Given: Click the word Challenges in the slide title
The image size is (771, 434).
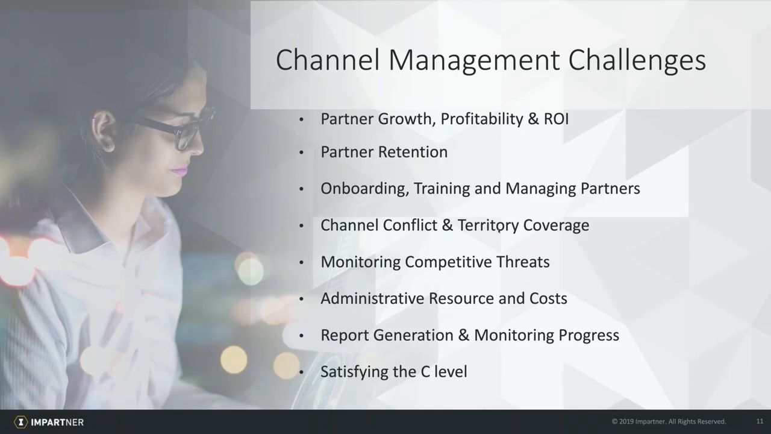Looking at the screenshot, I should (637, 60).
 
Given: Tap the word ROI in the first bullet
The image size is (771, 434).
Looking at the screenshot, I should (556, 119).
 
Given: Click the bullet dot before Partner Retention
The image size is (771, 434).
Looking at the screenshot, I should (302, 153).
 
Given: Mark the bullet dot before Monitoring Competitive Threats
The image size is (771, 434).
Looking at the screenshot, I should (302, 263).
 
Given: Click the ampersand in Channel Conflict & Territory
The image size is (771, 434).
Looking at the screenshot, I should (447, 225).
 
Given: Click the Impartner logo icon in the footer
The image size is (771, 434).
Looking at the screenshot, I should (21, 422).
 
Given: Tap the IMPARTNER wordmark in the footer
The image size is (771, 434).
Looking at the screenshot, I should (57, 422).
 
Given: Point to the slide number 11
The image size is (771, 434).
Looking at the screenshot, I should (760, 421).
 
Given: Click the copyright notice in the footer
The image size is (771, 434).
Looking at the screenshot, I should (669, 421).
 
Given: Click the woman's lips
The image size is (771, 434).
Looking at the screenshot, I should (179, 170).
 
